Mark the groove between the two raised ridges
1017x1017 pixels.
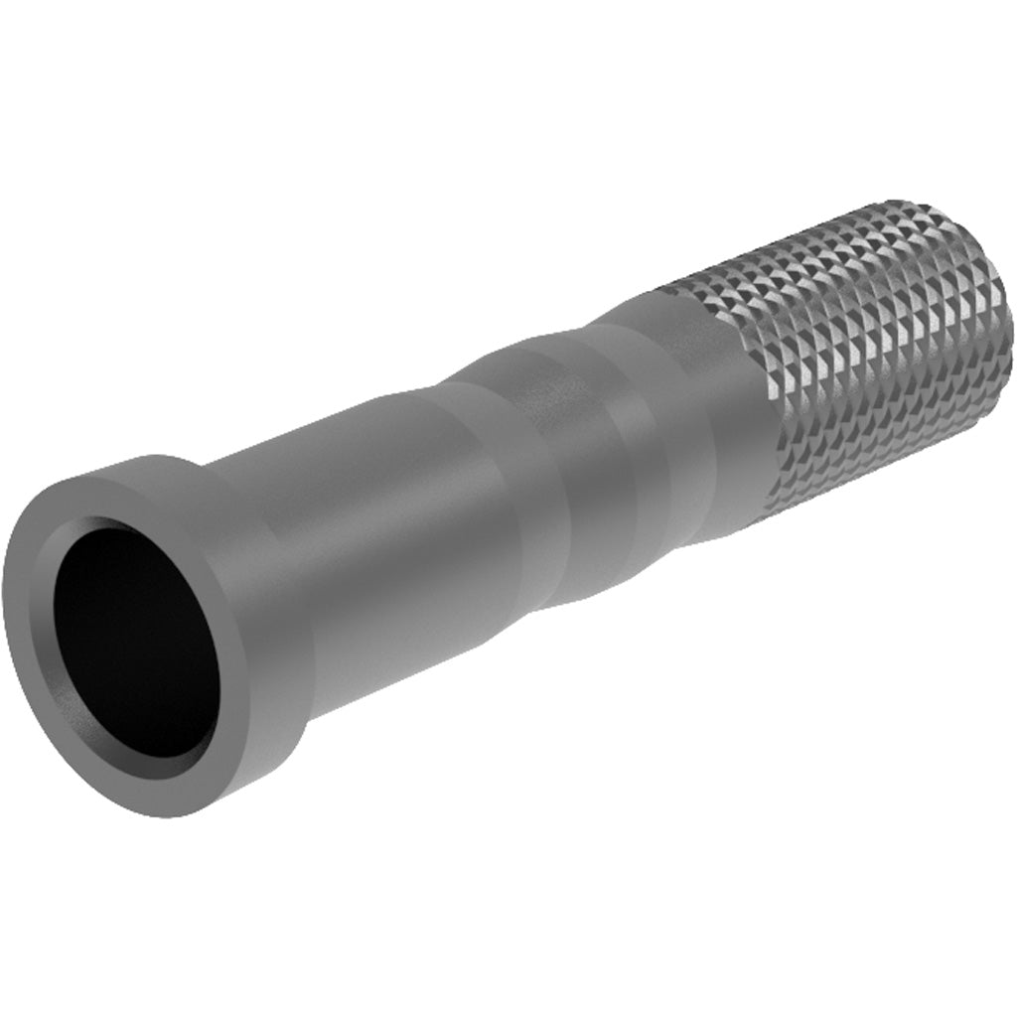click(x=566, y=437)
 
